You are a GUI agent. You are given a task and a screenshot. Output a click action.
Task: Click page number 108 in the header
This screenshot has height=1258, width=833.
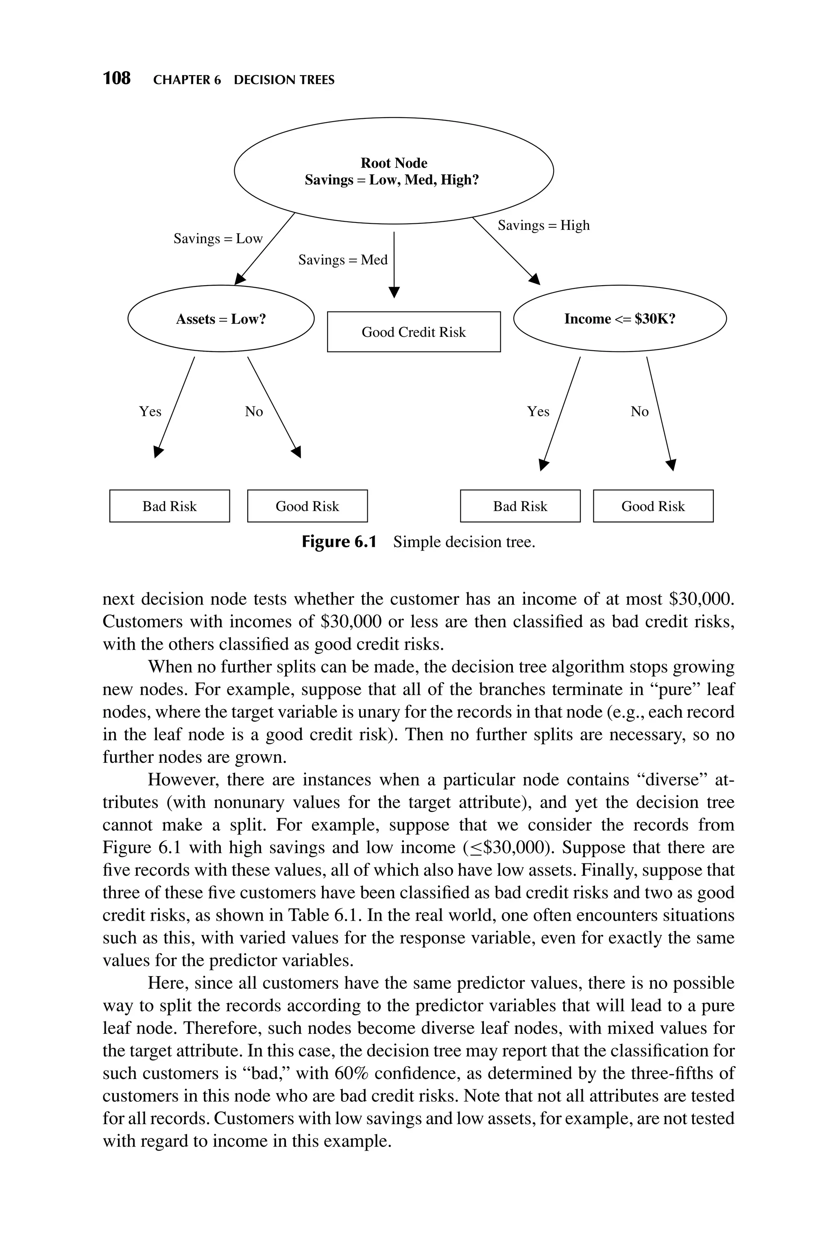[116, 79]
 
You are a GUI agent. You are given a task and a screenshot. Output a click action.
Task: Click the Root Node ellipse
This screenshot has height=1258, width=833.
[393, 171]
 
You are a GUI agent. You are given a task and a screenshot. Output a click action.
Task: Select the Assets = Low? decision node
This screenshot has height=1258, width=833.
[221, 319]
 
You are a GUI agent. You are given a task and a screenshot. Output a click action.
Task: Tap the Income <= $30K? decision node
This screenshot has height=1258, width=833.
[619, 319]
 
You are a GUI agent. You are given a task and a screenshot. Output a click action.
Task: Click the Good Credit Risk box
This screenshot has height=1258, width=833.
[413, 332]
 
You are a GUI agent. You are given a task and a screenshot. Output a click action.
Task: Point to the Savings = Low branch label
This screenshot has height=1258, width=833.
[218, 238]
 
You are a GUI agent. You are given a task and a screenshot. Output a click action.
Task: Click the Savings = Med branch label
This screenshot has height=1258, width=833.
[342, 260]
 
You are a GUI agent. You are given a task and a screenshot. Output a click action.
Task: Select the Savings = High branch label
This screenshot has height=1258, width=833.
[543, 225]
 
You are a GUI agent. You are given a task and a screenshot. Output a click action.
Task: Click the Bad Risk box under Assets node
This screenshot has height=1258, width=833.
[170, 506]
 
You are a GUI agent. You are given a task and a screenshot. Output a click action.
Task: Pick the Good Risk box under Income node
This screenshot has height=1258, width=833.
[653, 506]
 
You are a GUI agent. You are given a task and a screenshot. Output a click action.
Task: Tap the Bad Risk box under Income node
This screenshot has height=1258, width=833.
[520, 506]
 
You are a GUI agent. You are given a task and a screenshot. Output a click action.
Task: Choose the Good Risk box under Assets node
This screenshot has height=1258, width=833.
[307, 506]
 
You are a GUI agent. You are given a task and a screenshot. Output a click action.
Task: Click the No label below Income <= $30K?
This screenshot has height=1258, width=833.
[640, 412]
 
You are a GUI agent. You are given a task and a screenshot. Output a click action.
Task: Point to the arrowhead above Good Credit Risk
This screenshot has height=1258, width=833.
[394, 292]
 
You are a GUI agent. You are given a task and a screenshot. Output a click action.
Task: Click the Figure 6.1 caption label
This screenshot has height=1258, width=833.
[339, 542]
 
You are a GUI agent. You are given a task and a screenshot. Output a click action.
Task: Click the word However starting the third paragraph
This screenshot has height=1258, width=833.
[182, 780]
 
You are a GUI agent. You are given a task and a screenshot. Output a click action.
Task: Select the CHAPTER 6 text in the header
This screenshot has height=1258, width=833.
[187, 80]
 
